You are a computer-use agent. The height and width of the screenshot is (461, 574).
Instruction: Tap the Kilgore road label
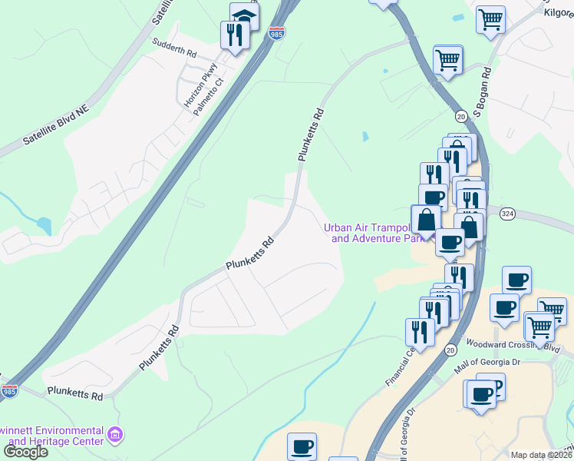coord(559,13)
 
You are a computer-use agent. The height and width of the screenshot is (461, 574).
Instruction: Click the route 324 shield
coord(506,212)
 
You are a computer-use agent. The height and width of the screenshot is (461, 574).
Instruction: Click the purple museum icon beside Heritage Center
coord(115,436)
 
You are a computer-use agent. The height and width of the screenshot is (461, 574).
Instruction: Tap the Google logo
coord(25,451)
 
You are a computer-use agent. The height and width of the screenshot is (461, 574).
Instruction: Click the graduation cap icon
coord(245,15)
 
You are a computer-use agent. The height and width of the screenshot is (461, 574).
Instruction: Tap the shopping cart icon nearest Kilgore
coord(490,18)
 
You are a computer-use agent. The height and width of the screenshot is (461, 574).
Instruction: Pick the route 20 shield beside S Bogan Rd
coord(460,115)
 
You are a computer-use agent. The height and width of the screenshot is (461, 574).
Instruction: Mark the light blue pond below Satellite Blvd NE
coord(44,226)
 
